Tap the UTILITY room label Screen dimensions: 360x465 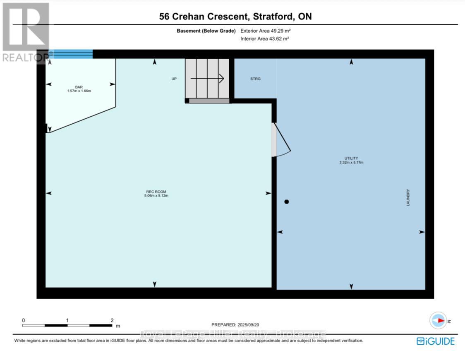coord(351,158)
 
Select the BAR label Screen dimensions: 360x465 coord(79,87)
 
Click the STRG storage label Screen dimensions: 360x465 coord(255,79)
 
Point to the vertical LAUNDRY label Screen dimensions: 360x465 coord(408,198)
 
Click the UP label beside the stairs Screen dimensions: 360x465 coord(174,79)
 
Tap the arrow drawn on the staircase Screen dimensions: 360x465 coord(207,78)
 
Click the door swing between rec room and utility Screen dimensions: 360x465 coord(281,141)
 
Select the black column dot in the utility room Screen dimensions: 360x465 coord(286,202)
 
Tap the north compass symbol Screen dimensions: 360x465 coord(439,321)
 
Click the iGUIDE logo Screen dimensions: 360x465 coord(436,341)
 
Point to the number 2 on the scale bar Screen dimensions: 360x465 coord(112,320)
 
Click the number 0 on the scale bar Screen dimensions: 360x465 coord(24,320)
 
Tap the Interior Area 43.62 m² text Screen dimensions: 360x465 coord(264,38)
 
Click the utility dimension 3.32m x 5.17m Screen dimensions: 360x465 coord(351,162)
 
